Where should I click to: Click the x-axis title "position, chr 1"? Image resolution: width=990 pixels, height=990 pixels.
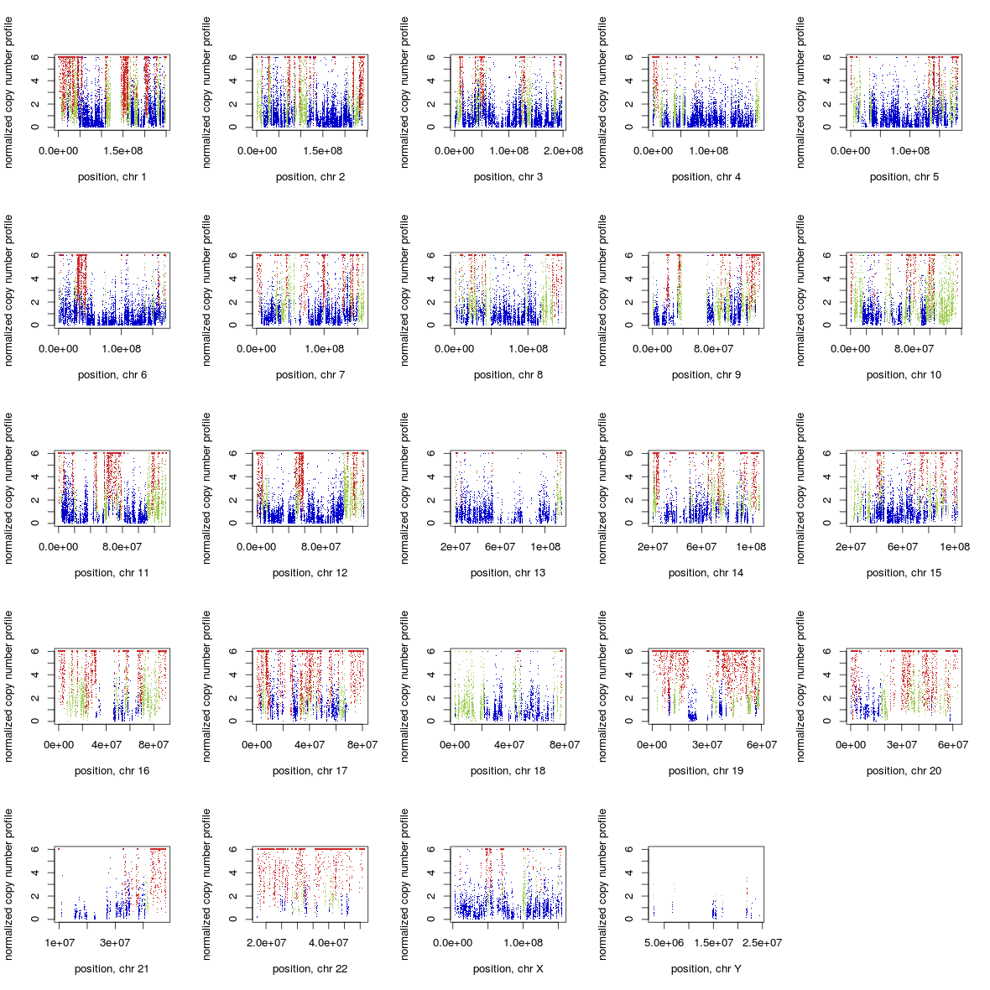112,177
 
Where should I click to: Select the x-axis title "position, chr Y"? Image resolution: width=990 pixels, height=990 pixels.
706,969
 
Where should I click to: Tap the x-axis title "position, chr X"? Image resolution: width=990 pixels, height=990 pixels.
508,969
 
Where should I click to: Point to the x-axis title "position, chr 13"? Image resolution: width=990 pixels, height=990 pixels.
508,573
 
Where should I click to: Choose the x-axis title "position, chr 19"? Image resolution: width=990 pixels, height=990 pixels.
706,771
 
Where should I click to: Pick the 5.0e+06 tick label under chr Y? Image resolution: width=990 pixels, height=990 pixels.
664,943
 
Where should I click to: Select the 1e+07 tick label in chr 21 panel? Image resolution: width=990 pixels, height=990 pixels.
60,943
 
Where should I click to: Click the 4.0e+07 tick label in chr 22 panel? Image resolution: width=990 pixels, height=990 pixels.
328,943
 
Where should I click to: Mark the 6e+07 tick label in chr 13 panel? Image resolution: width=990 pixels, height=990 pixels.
500,547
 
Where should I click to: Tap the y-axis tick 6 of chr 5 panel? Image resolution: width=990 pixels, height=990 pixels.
827,57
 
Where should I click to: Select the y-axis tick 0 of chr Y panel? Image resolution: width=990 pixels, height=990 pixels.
629,920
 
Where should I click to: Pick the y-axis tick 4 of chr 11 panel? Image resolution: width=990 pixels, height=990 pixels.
35,477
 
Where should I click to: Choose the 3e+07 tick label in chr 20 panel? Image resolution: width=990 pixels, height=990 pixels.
902,745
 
